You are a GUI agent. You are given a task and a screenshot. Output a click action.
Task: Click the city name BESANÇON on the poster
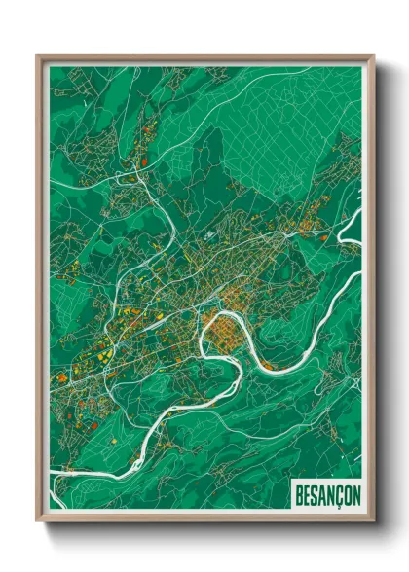click(326, 495)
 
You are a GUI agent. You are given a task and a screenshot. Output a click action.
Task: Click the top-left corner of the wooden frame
click(38, 56)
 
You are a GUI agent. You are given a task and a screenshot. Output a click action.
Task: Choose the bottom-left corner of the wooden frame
click(38, 520)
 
